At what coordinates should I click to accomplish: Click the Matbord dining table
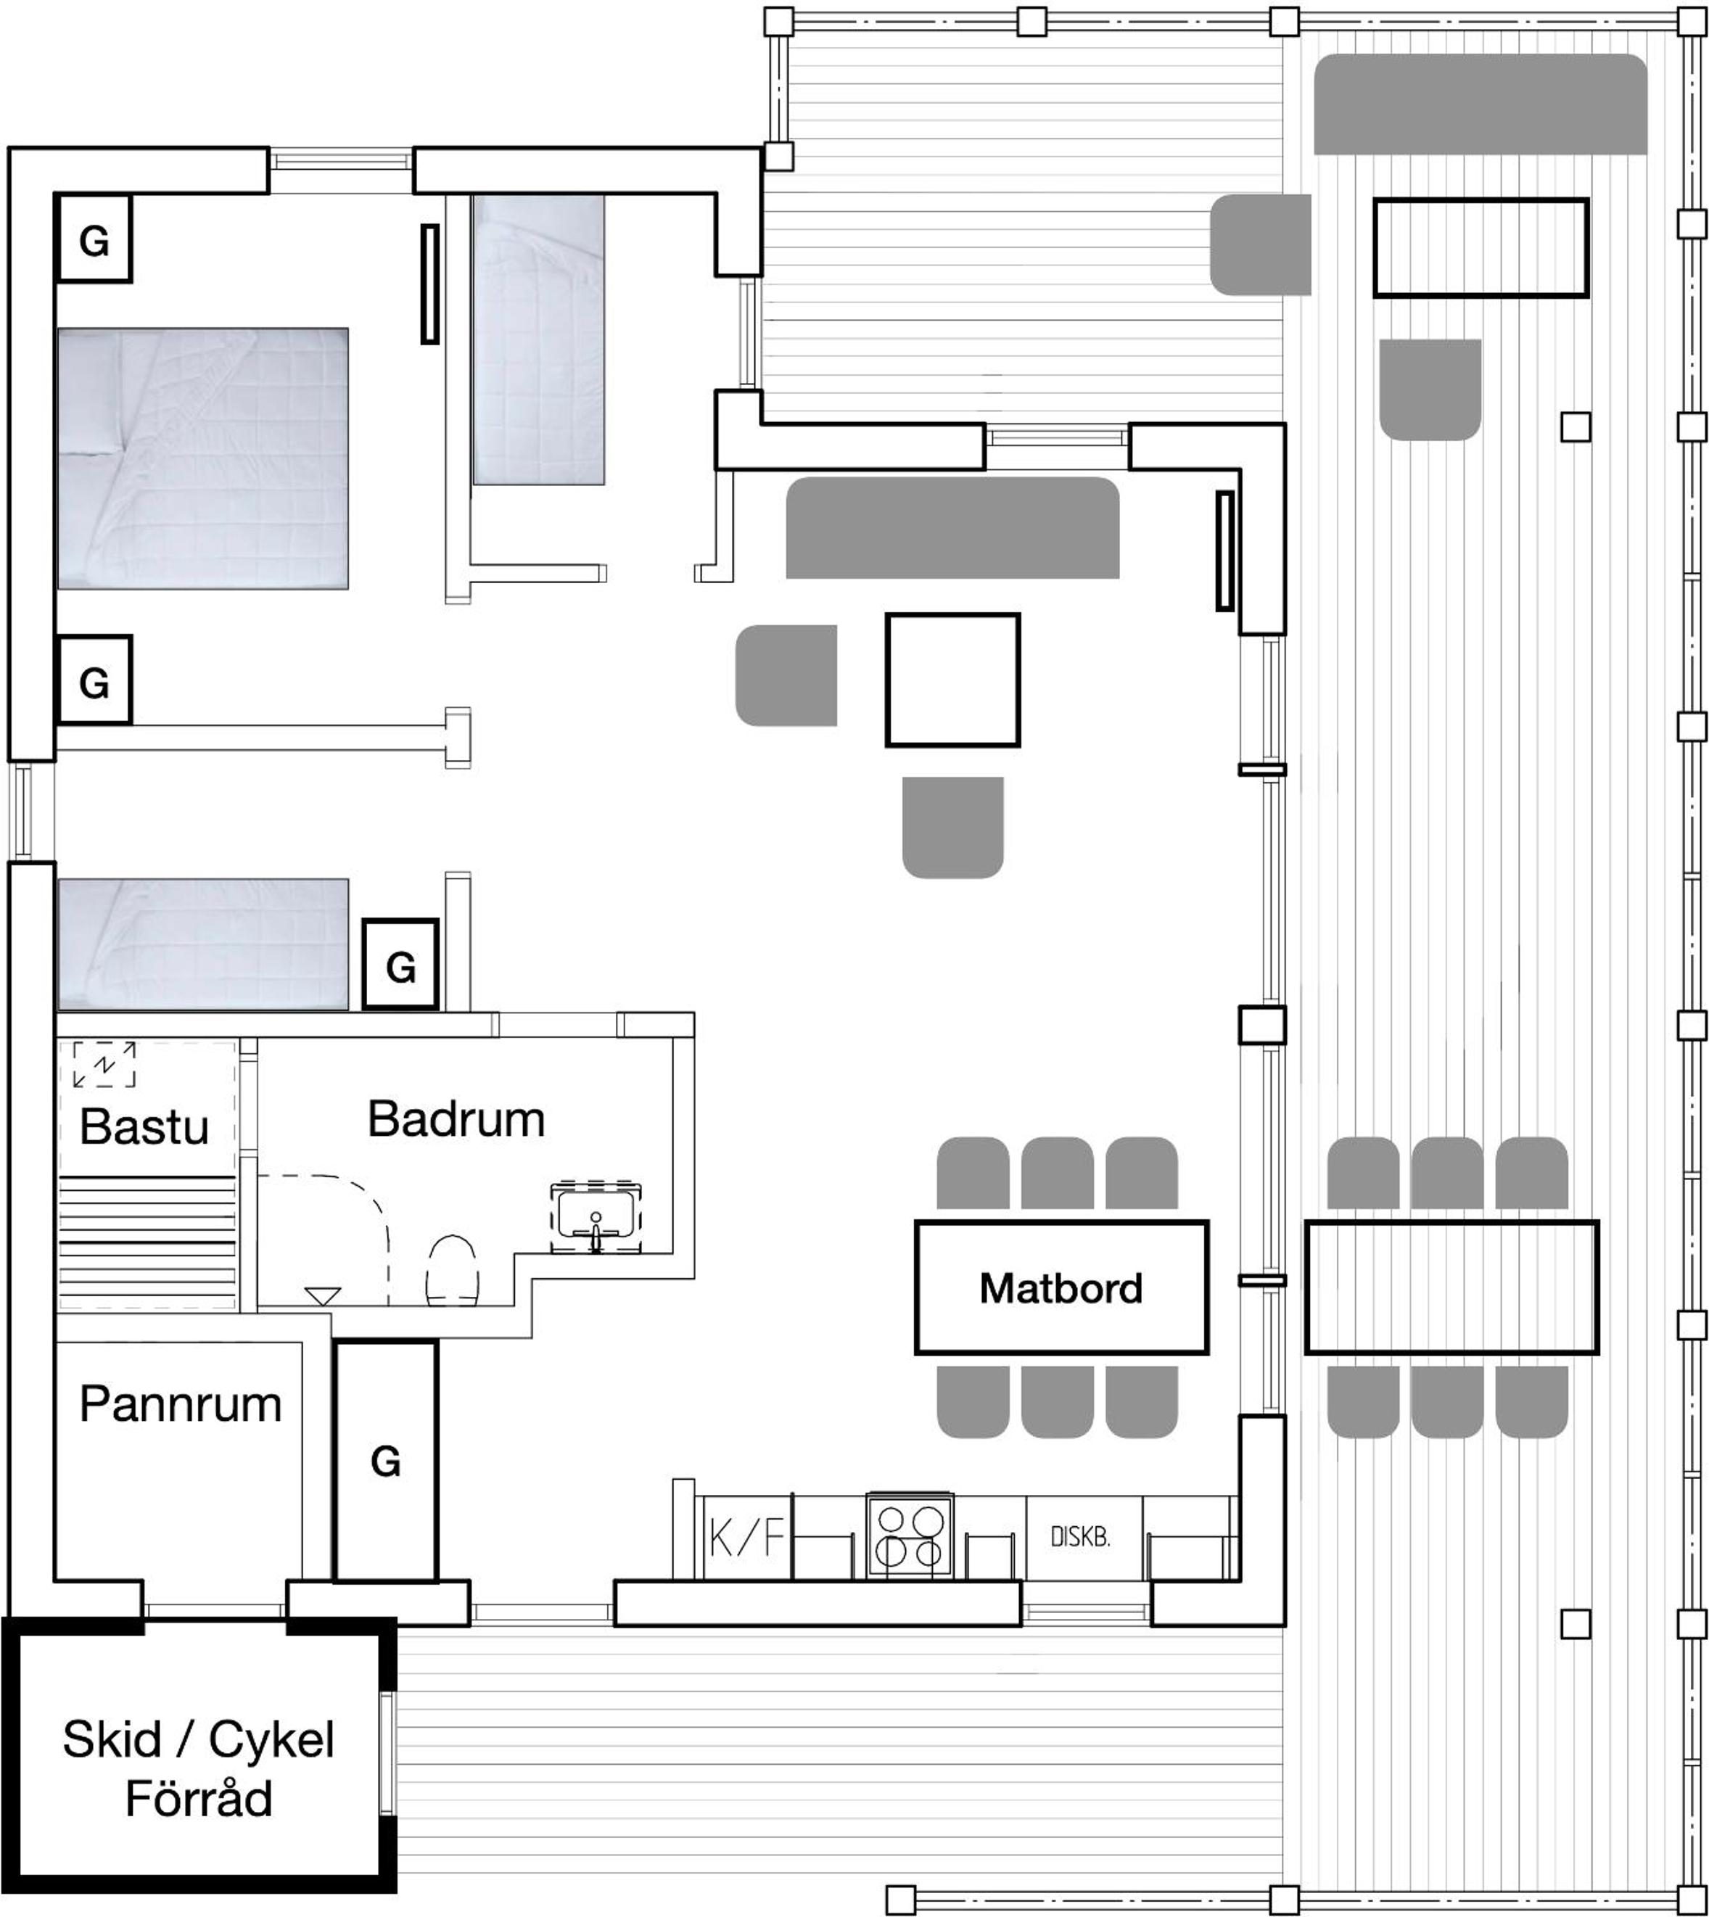[x=1061, y=1287]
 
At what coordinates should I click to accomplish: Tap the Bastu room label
[x=144, y=1126]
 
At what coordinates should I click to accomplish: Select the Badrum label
[x=456, y=1119]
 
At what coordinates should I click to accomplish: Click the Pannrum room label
[x=181, y=1404]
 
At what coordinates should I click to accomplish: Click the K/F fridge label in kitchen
[x=746, y=1538]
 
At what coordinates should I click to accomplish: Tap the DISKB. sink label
[x=1080, y=1538]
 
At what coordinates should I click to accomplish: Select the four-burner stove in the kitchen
[x=909, y=1536]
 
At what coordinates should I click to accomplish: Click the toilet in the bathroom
[x=453, y=1271]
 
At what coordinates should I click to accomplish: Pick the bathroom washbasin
[x=596, y=1218]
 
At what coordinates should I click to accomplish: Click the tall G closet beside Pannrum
[x=386, y=1462]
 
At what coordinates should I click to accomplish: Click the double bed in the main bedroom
[x=203, y=458]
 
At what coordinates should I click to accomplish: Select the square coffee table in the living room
[x=952, y=680]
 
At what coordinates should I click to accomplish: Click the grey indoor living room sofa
[x=952, y=527]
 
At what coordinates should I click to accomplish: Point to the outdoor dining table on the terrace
[x=1451, y=1287]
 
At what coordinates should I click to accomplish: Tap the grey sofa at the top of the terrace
[x=1480, y=104]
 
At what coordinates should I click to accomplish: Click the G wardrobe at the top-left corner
[x=93, y=239]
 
